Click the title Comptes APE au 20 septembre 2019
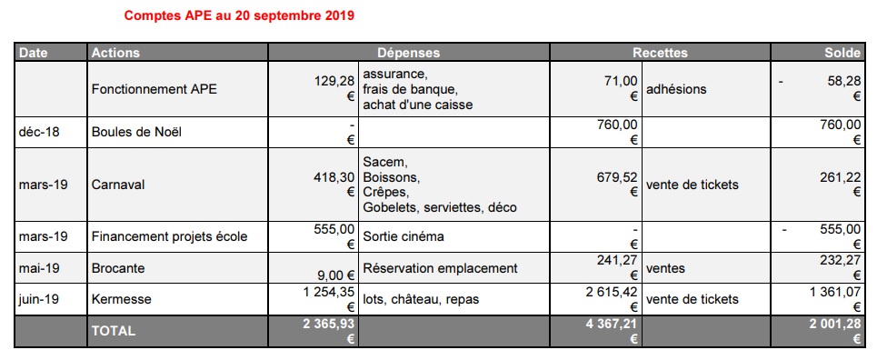239,16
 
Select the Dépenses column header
408,53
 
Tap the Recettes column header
660,53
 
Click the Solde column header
842,53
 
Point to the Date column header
33,53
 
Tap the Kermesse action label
122,298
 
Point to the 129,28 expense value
334,81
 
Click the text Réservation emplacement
440,268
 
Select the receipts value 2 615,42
603,291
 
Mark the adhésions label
677,89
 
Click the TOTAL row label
114,331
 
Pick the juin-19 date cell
40,298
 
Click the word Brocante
119,268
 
